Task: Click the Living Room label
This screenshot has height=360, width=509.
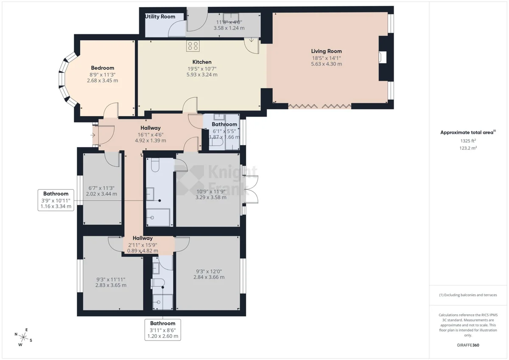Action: click(326, 51)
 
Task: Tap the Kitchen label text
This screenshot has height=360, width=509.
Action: click(202, 62)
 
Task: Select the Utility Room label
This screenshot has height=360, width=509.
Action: click(160, 17)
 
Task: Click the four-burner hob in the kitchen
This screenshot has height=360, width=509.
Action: click(193, 46)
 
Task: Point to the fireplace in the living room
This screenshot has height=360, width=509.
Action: click(383, 57)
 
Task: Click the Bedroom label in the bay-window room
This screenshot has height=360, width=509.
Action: click(103, 68)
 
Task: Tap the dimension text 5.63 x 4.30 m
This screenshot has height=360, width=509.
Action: click(326, 64)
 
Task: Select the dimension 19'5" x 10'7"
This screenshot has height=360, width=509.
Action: click(202, 69)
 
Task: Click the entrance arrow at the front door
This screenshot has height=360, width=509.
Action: click(93, 135)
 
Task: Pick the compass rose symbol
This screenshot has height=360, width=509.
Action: click(23, 337)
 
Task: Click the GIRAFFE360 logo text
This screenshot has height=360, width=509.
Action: click(468, 345)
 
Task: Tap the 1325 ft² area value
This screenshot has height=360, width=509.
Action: click(468, 141)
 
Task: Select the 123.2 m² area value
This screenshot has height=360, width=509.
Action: click(468, 148)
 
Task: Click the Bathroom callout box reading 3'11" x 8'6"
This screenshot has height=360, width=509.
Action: click(163, 330)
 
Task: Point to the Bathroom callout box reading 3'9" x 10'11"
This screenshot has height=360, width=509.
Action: click(56, 200)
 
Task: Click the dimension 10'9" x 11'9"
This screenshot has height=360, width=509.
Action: click(211, 192)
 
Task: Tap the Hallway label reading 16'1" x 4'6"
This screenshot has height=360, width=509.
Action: click(151, 128)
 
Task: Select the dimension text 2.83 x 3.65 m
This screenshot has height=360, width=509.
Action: click(111, 285)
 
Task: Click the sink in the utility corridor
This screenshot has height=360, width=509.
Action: click(231, 17)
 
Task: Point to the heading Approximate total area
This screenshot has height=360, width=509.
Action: click(467, 132)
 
